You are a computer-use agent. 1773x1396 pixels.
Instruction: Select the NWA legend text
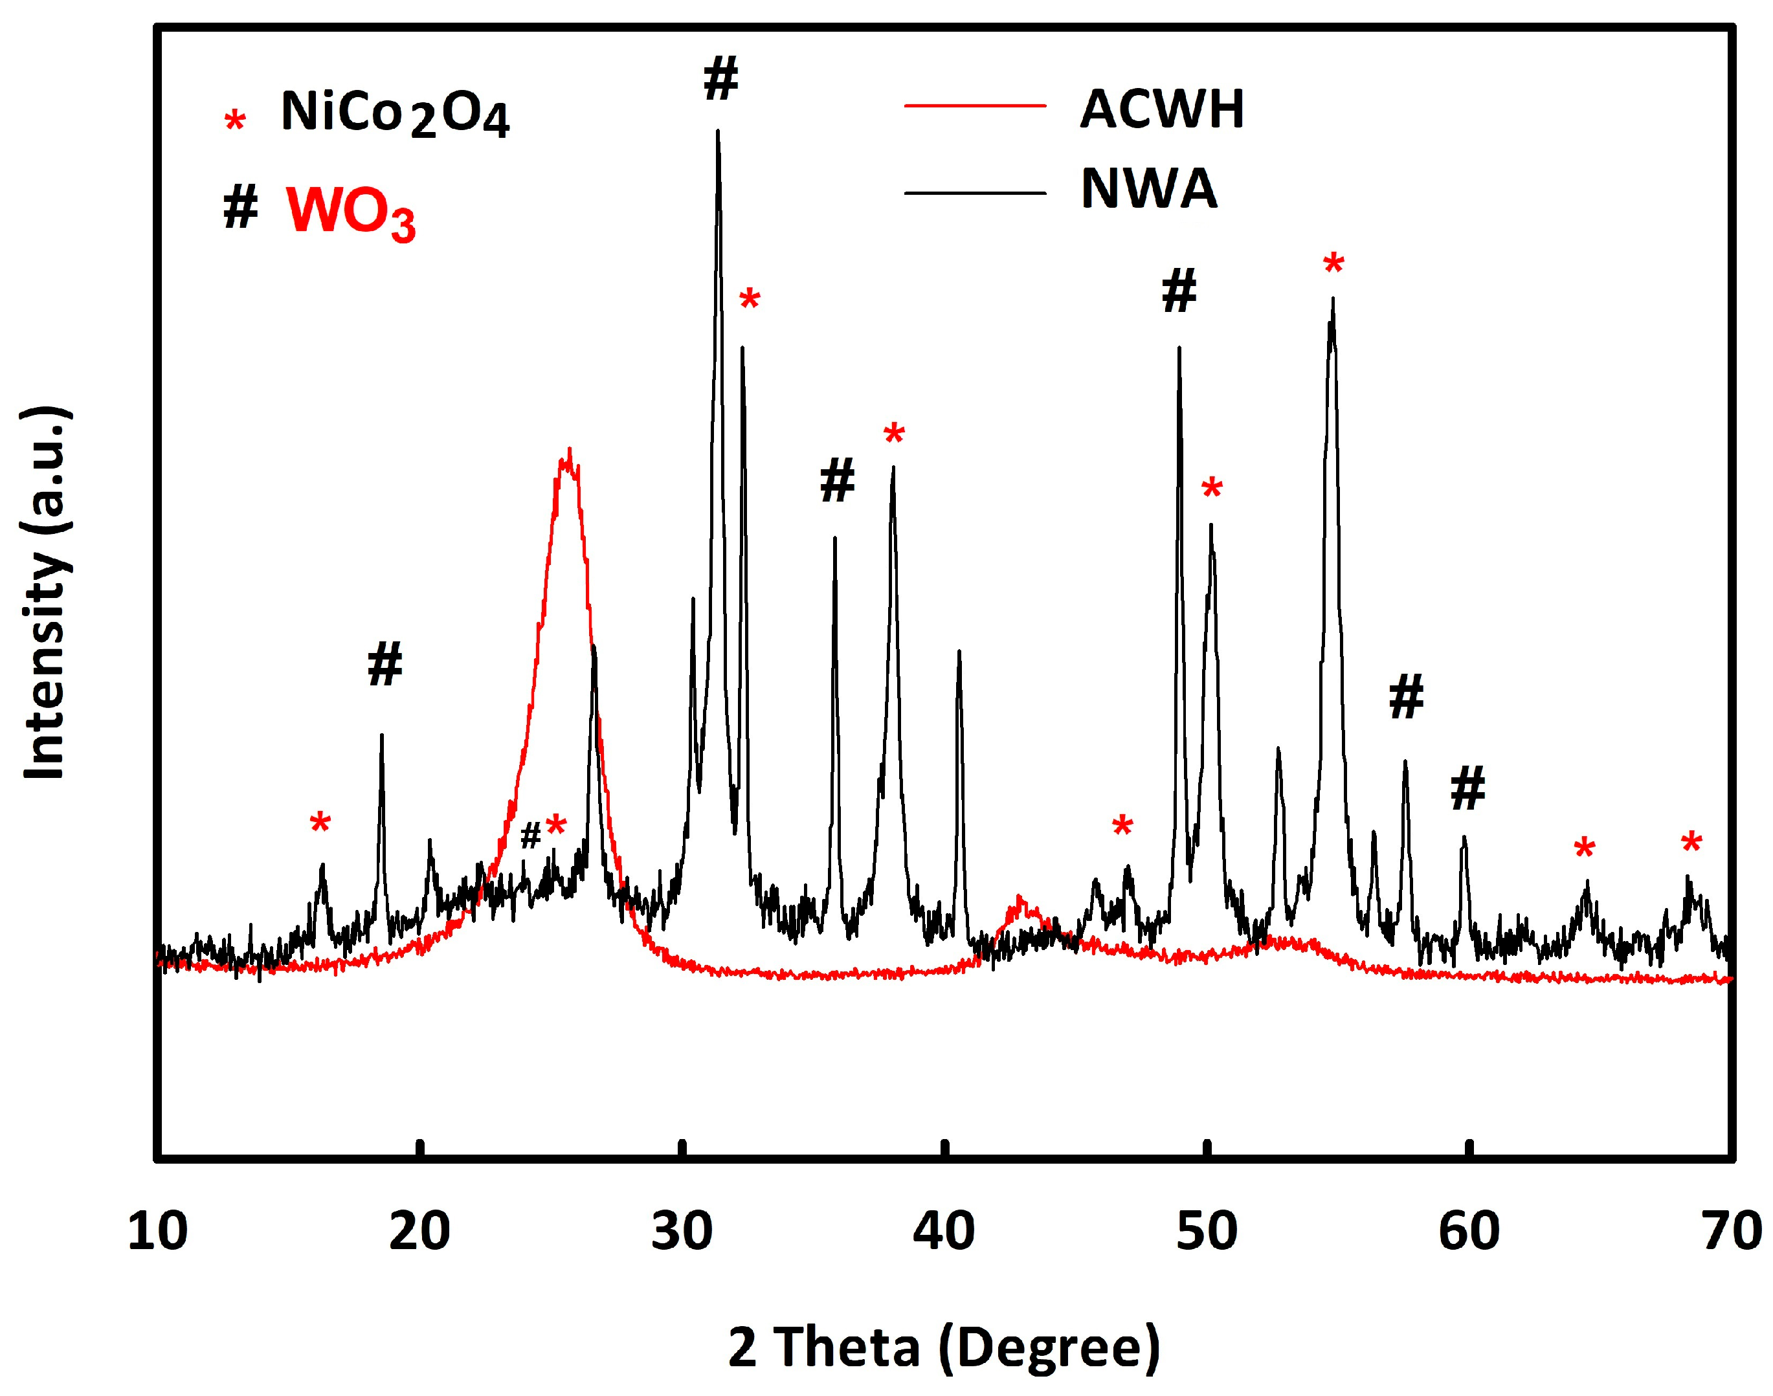[x=1148, y=189]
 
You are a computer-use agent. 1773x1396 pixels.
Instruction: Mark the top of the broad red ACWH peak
[x=569, y=451]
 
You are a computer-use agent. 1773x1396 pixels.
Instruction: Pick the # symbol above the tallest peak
[x=720, y=79]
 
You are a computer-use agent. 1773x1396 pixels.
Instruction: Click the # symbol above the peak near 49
[x=1179, y=291]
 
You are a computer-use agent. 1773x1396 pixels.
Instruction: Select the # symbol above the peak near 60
[x=1467, y=789]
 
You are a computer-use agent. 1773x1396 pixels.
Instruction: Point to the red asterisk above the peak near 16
[x=320, y=824]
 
